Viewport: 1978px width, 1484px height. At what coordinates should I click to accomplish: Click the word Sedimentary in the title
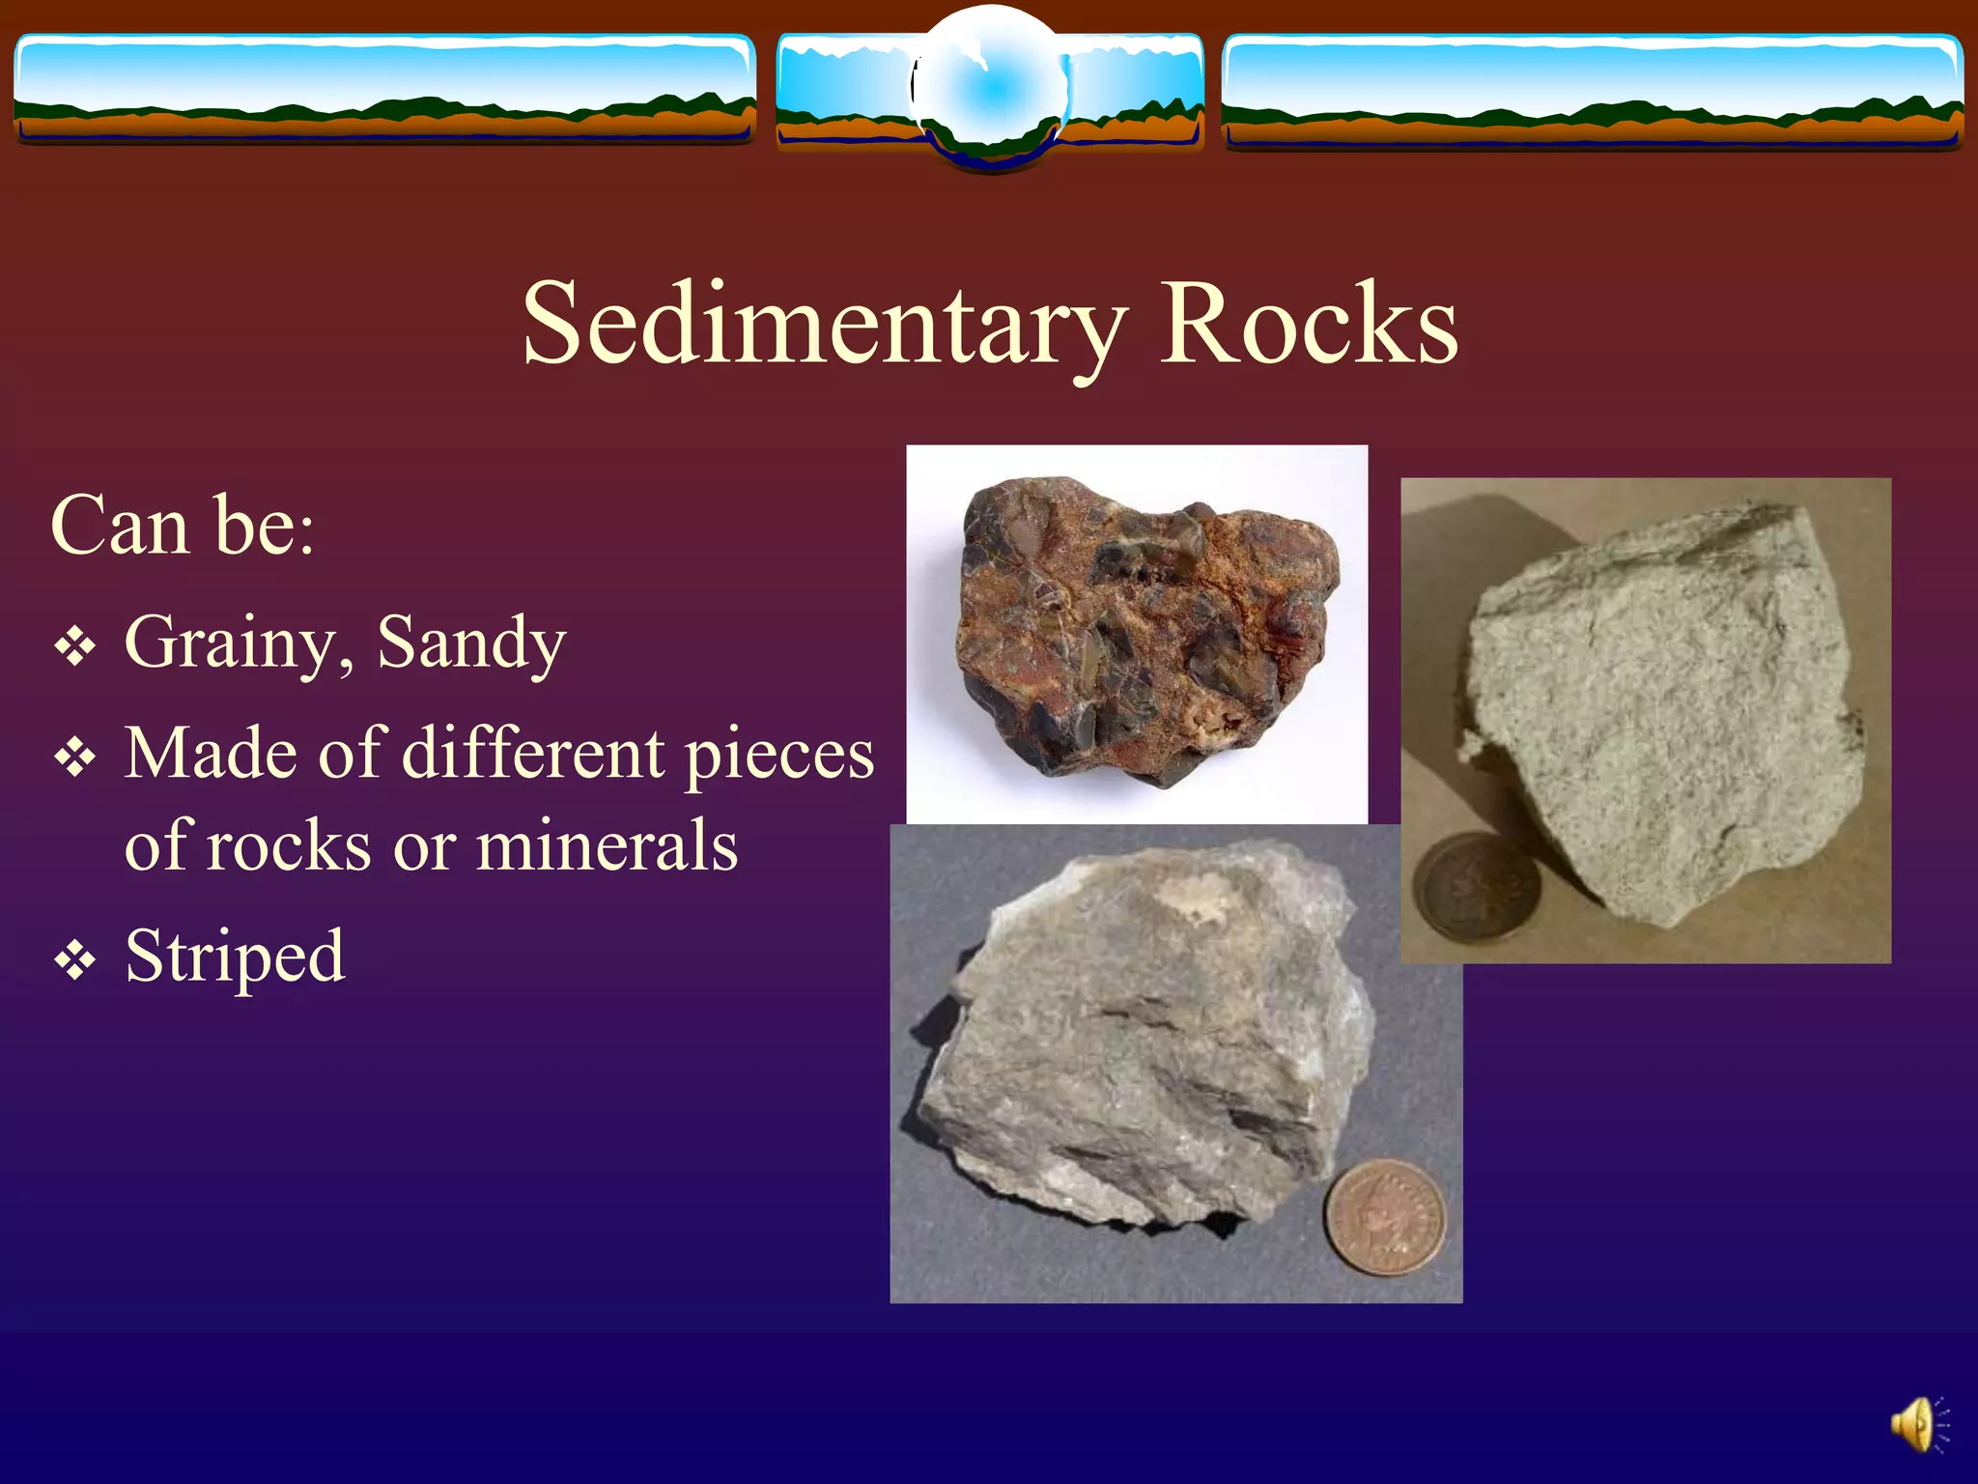824,326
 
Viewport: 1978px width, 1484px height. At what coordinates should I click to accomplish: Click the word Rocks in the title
1309,326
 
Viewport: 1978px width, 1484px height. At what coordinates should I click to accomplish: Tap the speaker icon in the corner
1918,1424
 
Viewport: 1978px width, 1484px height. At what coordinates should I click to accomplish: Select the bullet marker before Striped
74,961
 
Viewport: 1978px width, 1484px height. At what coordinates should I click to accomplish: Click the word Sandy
471,643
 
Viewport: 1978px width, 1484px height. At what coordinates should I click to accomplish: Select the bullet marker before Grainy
74,646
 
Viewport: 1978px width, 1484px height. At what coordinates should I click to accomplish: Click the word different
533,754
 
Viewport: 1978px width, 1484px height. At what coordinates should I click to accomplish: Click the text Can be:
183,527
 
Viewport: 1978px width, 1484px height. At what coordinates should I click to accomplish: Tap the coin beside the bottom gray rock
1386,1217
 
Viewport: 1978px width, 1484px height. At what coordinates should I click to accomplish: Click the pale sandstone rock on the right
1661,715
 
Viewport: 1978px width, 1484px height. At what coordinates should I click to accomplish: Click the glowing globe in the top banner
991,90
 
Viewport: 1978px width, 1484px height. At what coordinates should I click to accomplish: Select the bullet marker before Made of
74,757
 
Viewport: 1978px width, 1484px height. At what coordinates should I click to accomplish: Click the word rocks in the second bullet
288,846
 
